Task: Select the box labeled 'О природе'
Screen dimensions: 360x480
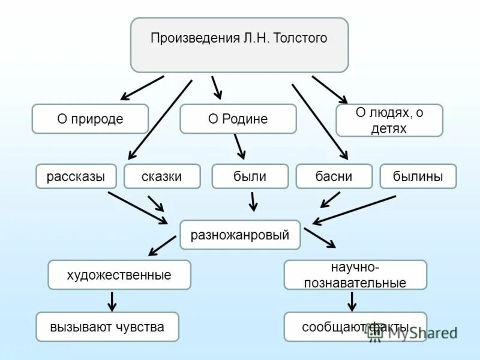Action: point(90,119)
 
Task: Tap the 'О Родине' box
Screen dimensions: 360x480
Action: point(238,119)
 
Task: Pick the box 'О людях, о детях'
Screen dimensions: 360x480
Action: point(389,120)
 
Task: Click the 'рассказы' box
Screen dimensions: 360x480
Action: point(76,176)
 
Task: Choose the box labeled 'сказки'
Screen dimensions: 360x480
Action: point(162,176)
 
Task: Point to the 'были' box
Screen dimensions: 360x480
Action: point(250,176)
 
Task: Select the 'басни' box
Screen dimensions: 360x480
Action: point(334,176)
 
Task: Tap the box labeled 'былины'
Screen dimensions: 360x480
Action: point(418,176)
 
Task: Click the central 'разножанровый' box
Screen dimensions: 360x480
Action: point(240,235)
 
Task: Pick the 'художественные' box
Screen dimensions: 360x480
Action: point(119,275)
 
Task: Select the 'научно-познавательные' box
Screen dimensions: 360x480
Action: point(355,275)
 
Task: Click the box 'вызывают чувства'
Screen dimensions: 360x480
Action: point(107,327)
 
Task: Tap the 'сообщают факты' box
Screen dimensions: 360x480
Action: point(355,327)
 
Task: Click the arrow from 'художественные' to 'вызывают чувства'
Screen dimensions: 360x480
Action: point(112,301)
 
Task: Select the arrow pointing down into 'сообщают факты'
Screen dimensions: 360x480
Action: point(352,301)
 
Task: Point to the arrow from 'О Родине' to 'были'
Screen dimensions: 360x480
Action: point(240,146)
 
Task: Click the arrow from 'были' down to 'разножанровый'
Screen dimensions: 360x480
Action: point(253,201)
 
